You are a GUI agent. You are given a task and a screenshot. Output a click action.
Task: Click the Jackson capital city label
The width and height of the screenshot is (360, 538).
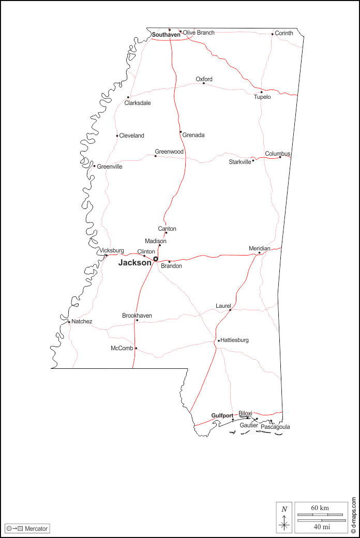coord(134,263)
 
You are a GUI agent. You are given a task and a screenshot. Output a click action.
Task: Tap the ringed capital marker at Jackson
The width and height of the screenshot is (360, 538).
coord(156,259)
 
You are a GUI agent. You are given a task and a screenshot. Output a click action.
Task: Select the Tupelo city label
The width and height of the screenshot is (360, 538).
coord(262,97)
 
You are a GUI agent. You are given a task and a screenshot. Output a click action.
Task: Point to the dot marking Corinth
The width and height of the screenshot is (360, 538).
coord(273,34)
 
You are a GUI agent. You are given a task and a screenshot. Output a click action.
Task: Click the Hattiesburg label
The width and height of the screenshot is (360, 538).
coord(235,340)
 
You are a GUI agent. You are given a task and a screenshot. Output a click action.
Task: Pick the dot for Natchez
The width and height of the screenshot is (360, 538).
coord(69,322)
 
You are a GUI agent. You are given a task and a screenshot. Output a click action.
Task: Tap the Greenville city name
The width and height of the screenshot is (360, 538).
coord(110,167)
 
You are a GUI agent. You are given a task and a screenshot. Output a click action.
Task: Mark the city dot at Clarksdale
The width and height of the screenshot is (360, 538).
coord(128,97)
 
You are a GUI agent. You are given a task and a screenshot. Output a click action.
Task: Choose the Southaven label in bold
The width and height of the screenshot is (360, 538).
coord(166,35)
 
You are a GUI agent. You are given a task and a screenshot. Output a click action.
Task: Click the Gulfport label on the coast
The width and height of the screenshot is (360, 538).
coord(222,415)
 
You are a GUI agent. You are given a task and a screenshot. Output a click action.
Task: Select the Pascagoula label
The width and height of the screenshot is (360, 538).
coord(275,427)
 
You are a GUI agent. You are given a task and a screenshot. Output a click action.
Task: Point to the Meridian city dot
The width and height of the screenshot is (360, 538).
coord(260,253)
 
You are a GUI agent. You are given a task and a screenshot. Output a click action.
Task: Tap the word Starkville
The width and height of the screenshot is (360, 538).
coord(240,162)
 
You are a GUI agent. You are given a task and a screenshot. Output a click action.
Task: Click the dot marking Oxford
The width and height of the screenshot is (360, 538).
coord(204,83)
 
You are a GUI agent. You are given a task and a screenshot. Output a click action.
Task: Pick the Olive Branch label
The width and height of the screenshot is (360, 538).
coord(199,33)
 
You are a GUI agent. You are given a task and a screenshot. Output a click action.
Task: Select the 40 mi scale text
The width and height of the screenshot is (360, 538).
coord(321,527)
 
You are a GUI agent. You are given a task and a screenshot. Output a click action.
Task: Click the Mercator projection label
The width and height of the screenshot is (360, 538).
coord(36,529)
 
